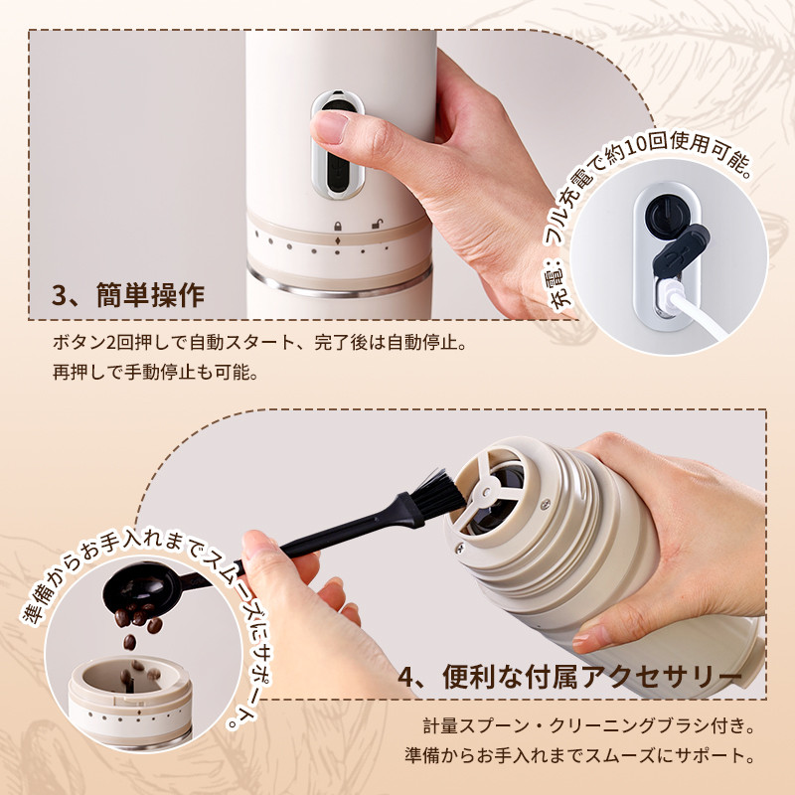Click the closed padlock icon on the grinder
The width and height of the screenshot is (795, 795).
pyautogui.click(x=337, y=226)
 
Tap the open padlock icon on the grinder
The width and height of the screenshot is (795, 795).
pyautogui.click(x=377, y=224)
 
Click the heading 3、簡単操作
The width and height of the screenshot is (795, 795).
pyautogui.click(x=128, y=295)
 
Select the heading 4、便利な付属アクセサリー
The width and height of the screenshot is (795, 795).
pyautogui.click(x=569, y=676)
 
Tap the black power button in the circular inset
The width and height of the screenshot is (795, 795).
pyautogui.click(x=665, y=216)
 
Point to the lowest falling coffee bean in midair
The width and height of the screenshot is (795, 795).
pyautogui.click(x=130, y=641)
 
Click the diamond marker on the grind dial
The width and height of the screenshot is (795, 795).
pyautogui.click(x=338, y=240)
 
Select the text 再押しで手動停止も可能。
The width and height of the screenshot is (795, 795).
pyautogui.click(x=156, y=374)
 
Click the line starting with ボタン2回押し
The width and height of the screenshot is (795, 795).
pyautogui.click(x=259, y=343)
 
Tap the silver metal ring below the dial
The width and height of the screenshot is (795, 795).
pyautogui.click(x=340, y=285)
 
